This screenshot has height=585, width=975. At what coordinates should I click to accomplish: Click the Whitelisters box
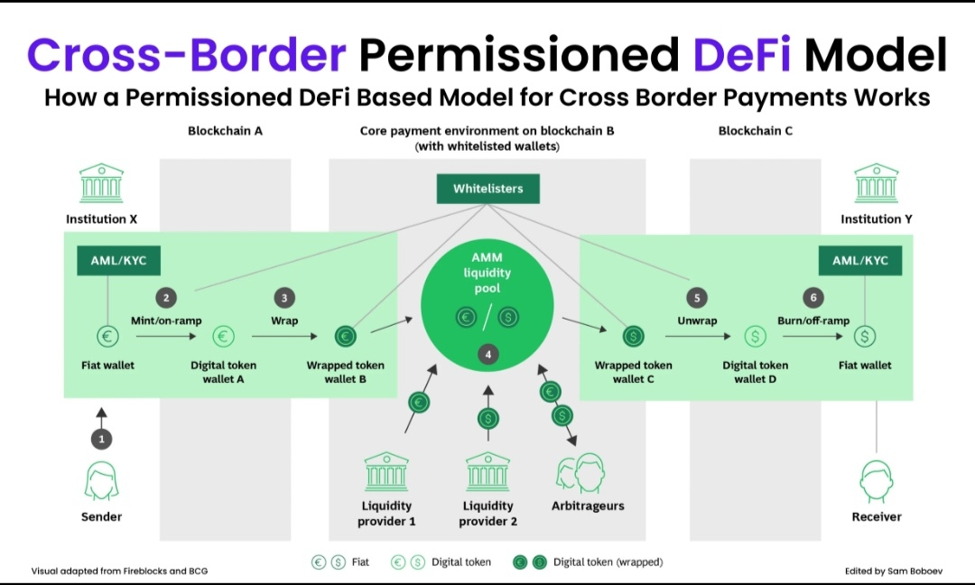pyautogui.click(x=487, y=189)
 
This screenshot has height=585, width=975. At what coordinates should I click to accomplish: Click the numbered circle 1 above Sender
pyautogui.click(x=101, y=439)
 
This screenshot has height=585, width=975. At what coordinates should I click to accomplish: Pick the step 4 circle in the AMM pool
pyautogui.click(x=488, y=355)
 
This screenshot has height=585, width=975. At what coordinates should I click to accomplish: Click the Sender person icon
pyautogui.click(x=101, y=480)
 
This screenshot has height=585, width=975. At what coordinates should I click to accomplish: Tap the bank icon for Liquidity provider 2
pyautogui.click(x=487, y=470)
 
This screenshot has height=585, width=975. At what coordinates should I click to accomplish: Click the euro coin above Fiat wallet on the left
pyautogui.click(x=107, y=337)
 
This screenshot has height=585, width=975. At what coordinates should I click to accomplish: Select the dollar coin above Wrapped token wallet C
pyautogui.click(x=632, y=337)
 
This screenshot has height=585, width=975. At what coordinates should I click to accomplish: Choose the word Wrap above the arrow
pyautogui.click(x=284, y=320)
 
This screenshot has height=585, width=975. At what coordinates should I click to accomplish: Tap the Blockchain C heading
pyautogui.click(x=756, y=131)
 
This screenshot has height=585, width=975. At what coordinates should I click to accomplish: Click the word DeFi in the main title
pyautogui.click(x=742, y=55)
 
